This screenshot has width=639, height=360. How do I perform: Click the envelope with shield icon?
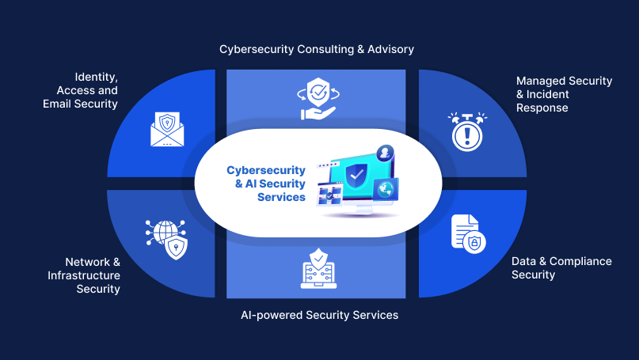pyautogui.click(x=166, y=129)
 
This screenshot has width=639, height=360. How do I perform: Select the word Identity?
pyautogui.click(x=96, y=77)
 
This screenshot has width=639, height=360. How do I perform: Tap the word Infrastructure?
pyautogui.click(x=84, y=275)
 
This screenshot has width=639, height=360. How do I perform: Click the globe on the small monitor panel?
pyautogui.click(x=386, y=190)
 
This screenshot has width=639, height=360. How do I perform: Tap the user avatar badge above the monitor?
pyautogui.click(x=385, y=153)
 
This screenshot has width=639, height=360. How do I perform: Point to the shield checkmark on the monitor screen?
pyautogui.click(x=358, y=172)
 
